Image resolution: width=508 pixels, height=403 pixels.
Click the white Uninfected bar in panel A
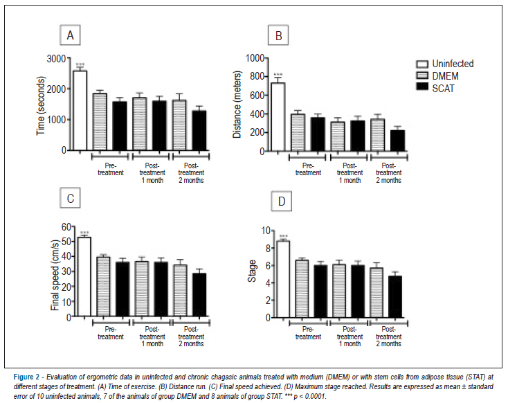[80, 110]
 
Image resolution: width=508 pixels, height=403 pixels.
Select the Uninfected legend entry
[444, 64]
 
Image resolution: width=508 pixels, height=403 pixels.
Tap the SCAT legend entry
[435, 88]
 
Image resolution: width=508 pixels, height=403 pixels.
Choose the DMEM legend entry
[437, 76]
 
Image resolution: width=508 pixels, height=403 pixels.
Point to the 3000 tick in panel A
[56, 59]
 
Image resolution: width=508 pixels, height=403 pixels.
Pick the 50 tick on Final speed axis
[66, 242]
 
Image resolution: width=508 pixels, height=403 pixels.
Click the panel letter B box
[278, 36]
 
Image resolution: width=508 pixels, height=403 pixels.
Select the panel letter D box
[282, 201]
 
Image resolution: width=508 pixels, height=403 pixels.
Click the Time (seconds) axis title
[41, 106]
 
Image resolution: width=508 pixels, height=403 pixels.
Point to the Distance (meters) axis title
[237, 105]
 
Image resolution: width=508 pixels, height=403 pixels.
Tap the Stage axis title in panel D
[252, 271]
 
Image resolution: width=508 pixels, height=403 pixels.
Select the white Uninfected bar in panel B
[278, 117]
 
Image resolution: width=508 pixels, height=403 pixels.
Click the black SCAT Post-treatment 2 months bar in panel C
[199, 295]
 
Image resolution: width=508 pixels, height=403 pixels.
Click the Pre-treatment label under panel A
[111, 169]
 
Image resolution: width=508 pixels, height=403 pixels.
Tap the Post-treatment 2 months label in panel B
[388, 173]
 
